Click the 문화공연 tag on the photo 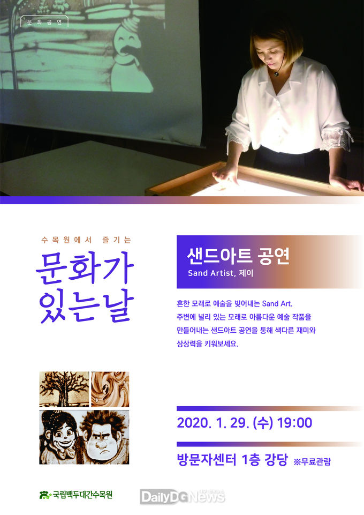pyautogui.click(x=44, y=23)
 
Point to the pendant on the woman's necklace pyautogui.click(x=276, y=74)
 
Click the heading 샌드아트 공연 pyautogui.click(x=238, y=256)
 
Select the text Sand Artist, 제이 pyautogui.click(x=221, y=273)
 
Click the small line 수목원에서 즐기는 pyautogui.click(x=86, y=240)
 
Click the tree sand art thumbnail pyautogui.click(x=64, y=389)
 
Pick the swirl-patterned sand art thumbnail pyautogui.click(x=110, y=389)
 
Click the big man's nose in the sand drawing pyautogui.click(x=102, y=444)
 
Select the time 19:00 pyautogui.click(x=294, y=423)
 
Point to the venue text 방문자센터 pyautogui.click(x=206, y=460)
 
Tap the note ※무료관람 pyautogui.click(x=312, y=461)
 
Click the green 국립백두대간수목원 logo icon pyautogui.click(x=45, y=495)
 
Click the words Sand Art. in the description pyautogui.click(x=277, y=303)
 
